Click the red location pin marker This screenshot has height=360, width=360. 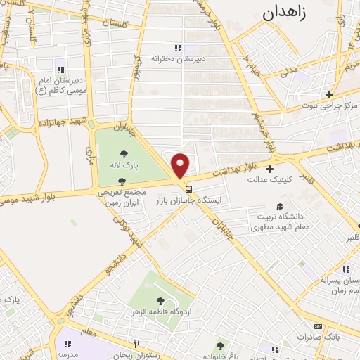181,165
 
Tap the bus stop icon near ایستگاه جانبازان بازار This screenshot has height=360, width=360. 188,188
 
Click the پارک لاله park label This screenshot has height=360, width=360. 127,166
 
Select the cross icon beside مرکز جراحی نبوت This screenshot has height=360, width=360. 328,94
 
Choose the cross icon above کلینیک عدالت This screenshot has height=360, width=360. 270,169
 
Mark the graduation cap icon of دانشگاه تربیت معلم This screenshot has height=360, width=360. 280,207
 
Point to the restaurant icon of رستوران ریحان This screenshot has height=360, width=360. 137,345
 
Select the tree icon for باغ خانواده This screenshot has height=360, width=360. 221,346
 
